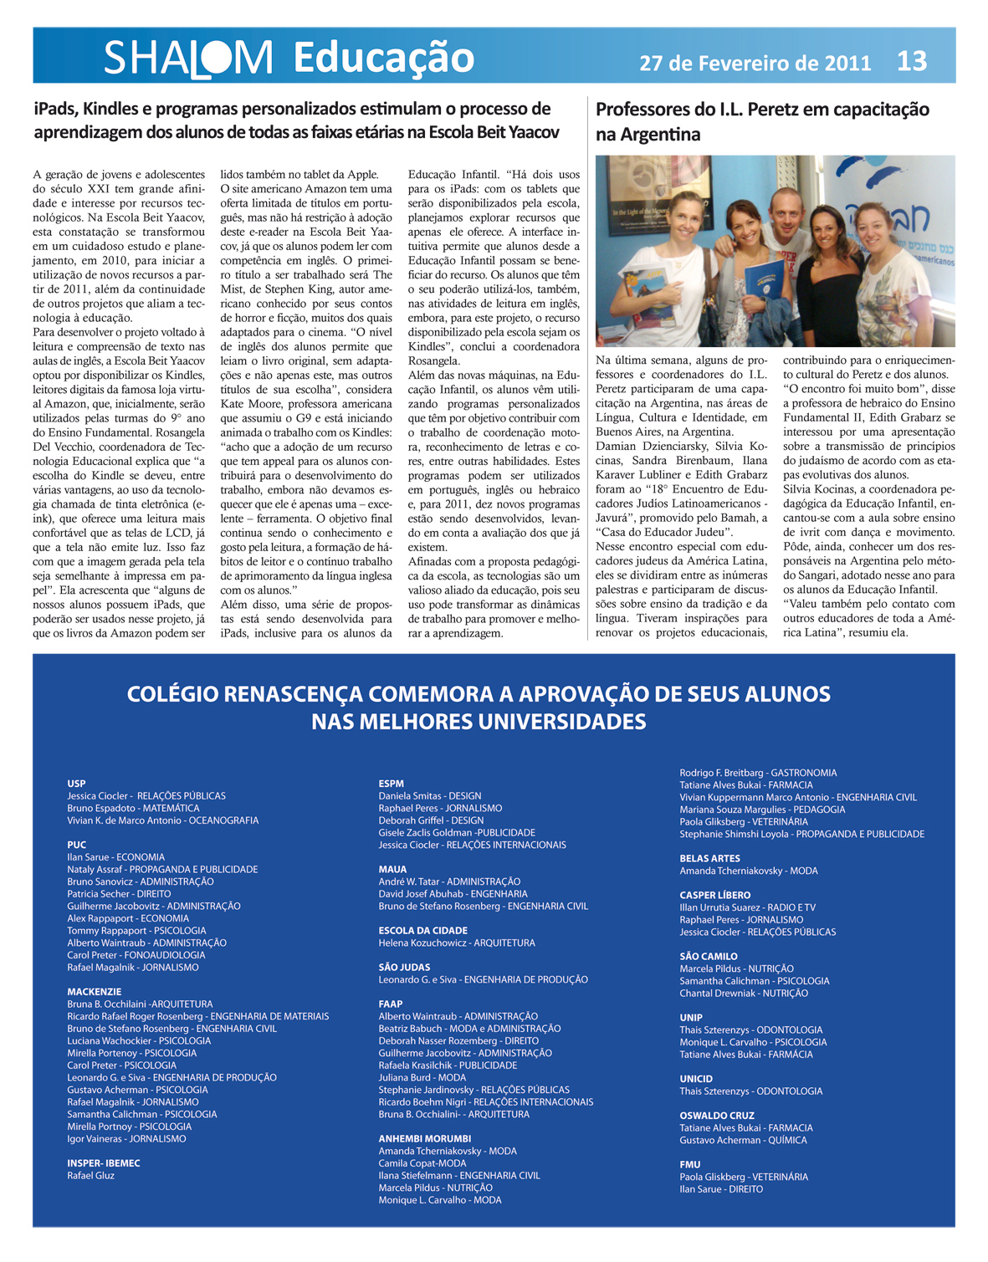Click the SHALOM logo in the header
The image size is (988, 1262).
188,58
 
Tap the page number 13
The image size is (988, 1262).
911,61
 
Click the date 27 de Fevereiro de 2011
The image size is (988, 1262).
755,63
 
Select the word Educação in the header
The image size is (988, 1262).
383,58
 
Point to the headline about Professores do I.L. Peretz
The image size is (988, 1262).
762,121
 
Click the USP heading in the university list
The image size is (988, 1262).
76,784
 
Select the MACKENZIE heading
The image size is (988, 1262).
94,992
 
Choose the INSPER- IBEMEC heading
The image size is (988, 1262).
103,1163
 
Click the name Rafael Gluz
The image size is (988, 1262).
90,1176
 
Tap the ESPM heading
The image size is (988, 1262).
391,784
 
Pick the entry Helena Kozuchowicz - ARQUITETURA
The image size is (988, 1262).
456,943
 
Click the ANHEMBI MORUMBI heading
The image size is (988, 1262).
424,1139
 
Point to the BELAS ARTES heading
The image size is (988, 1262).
709,858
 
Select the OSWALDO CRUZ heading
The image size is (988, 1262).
716,1116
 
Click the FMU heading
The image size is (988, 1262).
689,1164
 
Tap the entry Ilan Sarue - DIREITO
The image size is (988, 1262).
720,1189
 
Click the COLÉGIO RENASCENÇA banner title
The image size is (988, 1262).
479,707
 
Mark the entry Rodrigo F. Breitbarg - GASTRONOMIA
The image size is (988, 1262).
758,773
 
